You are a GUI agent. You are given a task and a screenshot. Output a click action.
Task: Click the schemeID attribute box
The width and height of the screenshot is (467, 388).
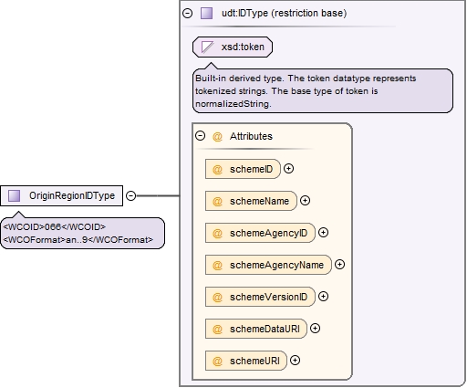(x=243, y=169)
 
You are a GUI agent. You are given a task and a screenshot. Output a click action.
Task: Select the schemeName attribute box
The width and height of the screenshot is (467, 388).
(x=251, y=201)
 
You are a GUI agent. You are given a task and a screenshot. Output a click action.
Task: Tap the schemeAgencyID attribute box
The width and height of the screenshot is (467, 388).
(x=260, y=233)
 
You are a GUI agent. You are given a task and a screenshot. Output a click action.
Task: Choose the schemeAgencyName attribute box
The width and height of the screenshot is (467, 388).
(x=268, y=265)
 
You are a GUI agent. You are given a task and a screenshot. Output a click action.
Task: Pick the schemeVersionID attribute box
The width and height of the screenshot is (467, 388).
(x=260, y=297)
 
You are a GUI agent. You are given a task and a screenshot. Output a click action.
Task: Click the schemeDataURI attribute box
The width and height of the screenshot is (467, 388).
(x=256, y=329)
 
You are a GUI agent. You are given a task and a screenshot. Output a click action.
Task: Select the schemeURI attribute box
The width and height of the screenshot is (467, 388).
(x=246, y=361)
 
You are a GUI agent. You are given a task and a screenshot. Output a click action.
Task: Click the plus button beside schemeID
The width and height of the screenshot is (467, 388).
(x=288, y=169)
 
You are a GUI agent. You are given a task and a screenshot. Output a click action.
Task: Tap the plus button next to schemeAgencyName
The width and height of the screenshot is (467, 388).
(x=339, y=265)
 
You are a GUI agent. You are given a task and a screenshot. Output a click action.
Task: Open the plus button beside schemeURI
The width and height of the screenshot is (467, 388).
(x=295, y=361)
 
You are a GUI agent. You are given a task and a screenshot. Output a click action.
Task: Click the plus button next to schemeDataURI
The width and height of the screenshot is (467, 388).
(x=315, y=329)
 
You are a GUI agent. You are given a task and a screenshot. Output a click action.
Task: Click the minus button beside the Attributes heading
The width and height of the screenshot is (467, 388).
(x=200, y=136)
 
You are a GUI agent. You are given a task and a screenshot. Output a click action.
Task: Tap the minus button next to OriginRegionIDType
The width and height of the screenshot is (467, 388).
(x=130, y=195)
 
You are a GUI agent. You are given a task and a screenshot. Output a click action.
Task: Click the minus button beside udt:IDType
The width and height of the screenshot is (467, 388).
(x=187, y=13)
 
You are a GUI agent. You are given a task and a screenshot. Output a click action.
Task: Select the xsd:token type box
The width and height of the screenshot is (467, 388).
(x=233, y=47)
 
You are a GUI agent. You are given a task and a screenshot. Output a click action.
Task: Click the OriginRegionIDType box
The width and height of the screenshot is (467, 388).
(x=61, y=195)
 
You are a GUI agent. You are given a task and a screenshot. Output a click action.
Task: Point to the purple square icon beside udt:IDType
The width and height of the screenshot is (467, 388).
(x=206, y=13)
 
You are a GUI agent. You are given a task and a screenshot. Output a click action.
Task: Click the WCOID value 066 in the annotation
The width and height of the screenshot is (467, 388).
(x=53, y=227)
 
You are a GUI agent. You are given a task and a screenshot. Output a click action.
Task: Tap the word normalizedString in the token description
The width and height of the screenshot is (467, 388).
(x=233, y=104)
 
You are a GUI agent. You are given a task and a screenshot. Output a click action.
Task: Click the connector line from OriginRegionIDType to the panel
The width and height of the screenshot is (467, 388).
(x=158, y=195)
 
